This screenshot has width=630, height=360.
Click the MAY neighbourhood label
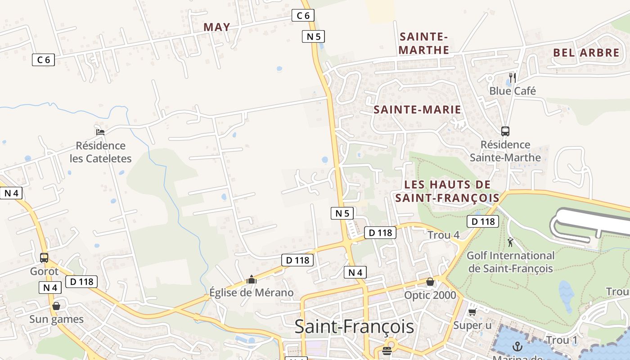tap(217, 27)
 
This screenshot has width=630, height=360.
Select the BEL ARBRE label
tap(586, 52)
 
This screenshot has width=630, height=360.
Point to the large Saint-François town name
tap(354, 327)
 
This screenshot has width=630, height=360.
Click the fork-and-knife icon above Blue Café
tap(512, 77)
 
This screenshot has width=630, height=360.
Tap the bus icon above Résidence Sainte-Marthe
tap(505, 131)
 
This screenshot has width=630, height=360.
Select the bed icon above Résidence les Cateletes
tap(100, 132)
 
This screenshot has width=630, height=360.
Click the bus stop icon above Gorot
tap(44, 258)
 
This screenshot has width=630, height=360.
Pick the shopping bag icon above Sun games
tap(56, 306)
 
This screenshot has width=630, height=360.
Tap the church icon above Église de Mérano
tap(251, 279)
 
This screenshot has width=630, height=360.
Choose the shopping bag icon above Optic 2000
tap(430, 282)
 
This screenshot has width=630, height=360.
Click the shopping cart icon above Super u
tap(472, 312)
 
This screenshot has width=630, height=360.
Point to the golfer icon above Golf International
tap(510, 243)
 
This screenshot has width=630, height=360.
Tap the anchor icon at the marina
tap(517, 346)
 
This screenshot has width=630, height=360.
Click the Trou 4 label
tap(443, 235)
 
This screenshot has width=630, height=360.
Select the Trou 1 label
tap(562, 340)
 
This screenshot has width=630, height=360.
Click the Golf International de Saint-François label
tap(510, 262)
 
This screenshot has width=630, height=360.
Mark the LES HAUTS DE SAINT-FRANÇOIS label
tap(447, 191)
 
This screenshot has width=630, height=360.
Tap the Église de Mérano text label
tap(251, 292)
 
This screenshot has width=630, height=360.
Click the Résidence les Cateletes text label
tap(101, 152)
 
